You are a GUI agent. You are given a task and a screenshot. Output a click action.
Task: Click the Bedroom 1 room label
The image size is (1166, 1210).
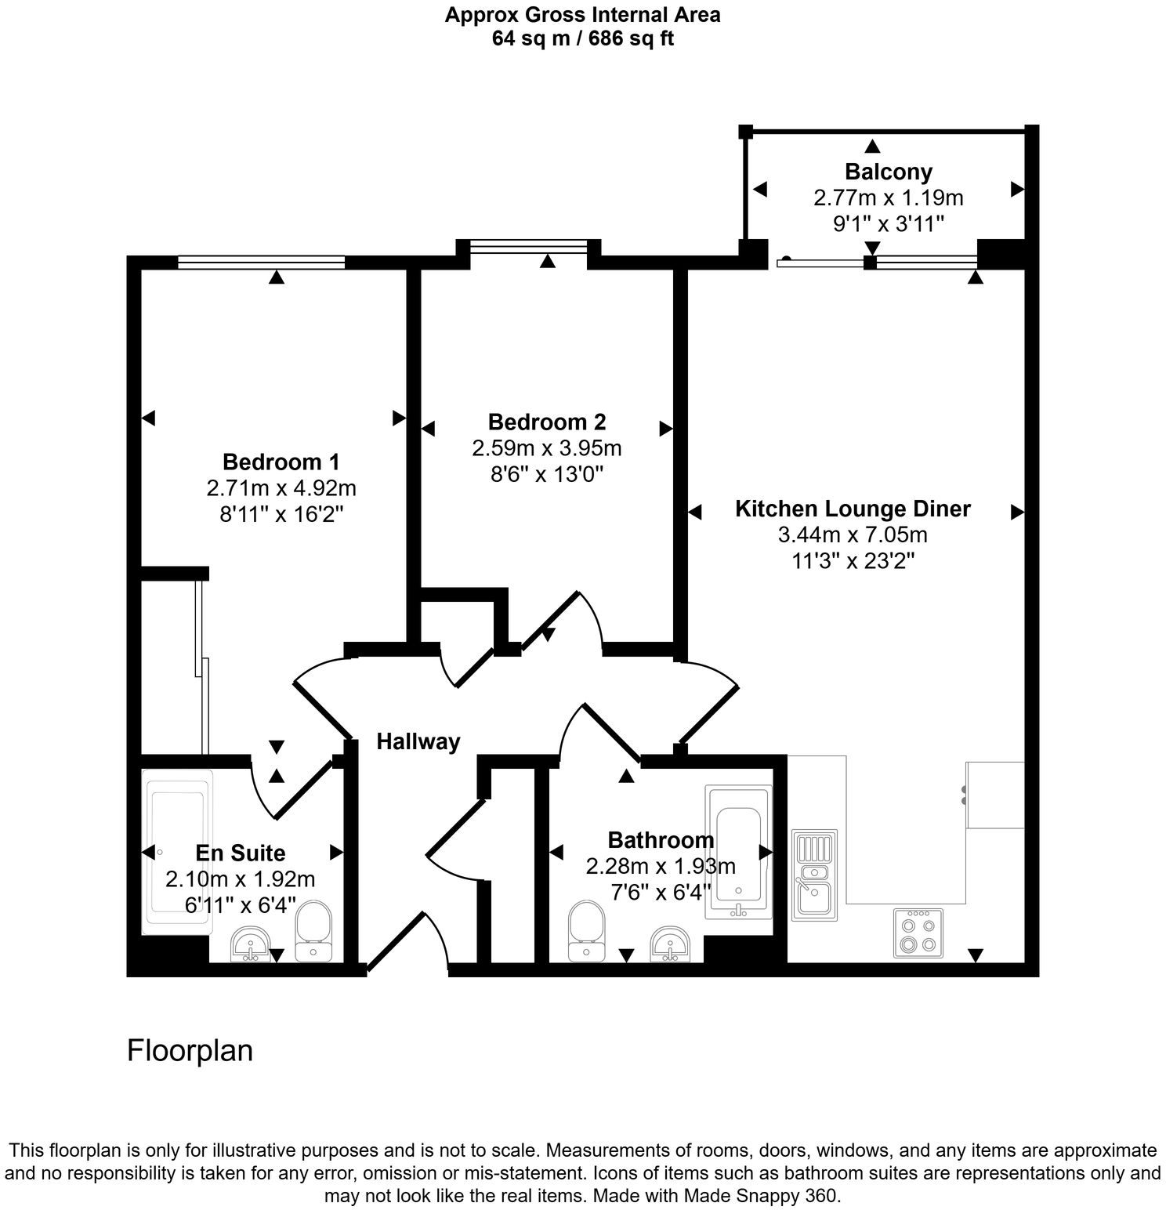[x=281, y=461]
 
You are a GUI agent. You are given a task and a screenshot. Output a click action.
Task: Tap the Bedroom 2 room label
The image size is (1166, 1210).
[x=546, y=422]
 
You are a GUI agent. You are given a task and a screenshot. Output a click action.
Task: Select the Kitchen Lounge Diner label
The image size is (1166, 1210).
[x=852, y=509]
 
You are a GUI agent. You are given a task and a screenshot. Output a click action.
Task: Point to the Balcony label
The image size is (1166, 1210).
[x=888, y=172]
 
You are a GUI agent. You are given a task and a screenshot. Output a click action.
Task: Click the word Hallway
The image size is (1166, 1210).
[x=418, y=741]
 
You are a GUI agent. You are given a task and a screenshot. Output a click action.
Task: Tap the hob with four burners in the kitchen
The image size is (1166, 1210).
[x=918, y=933]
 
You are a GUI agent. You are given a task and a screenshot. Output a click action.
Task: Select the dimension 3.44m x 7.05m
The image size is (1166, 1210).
[x=852, y=535]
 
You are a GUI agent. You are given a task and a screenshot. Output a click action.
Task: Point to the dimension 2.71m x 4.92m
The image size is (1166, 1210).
[x=281, y=488]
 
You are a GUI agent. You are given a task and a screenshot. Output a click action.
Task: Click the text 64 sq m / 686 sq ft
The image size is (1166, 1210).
[x=582, y=38]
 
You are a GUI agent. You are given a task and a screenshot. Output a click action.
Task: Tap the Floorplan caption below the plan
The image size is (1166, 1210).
[x=190, y=1050]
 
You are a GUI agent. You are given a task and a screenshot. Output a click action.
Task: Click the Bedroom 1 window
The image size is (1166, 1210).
[x=261, y=263]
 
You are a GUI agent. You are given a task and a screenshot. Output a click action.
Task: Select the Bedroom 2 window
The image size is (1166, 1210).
[x=528, y=247]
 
